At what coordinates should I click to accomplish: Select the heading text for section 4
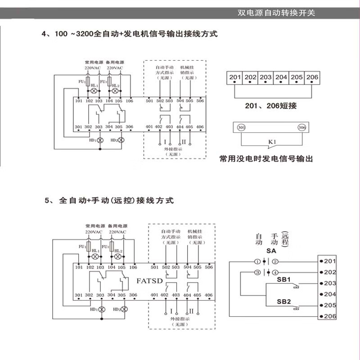click(130, 34)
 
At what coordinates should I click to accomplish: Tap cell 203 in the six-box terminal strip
click(265, 77)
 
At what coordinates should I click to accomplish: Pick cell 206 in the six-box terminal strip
click(312, 77)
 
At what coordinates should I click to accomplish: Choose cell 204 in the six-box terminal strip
click(281, 77)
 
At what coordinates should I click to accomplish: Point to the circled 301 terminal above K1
click(241, 127)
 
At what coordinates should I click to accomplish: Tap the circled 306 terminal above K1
click(301, 127)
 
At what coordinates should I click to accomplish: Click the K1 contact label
click(271, 143)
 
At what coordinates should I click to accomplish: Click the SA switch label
click(271, 250)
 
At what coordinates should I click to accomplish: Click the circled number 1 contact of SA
click(257, 261)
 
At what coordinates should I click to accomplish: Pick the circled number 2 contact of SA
click(275, 261)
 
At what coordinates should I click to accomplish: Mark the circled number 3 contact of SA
click(257, 272)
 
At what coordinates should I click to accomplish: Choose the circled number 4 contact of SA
click(275, 272)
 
